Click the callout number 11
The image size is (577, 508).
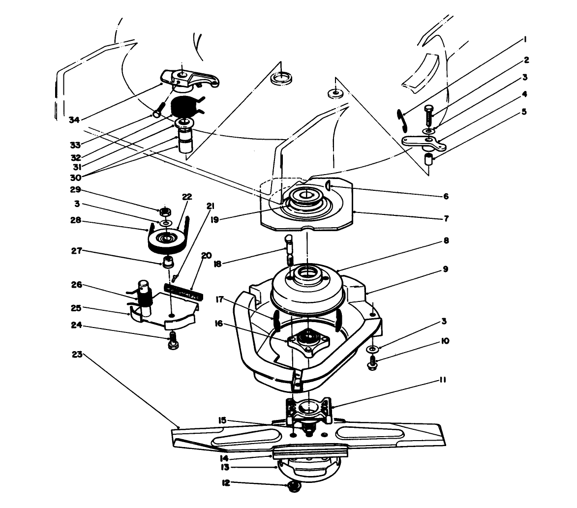[441, 380]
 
